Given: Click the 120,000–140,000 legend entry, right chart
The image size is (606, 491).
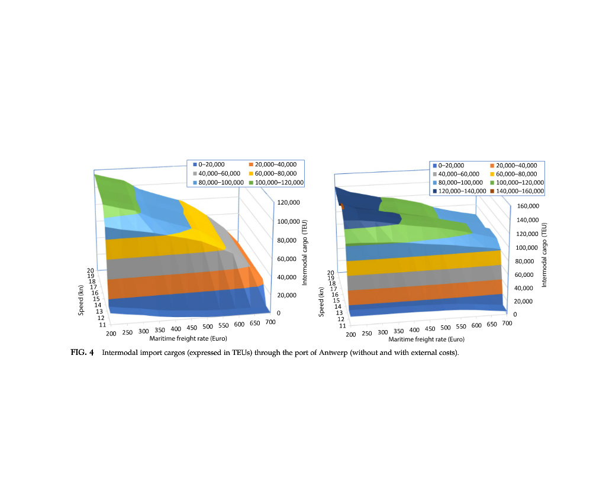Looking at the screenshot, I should coord(456,192).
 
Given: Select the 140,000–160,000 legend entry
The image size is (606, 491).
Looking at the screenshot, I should coord(515,192).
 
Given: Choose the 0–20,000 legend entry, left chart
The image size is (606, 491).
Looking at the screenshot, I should coord(209,164).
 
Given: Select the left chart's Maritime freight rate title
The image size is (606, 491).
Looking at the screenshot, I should coord(189,338).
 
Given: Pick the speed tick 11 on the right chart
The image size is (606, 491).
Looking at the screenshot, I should coord(342,325).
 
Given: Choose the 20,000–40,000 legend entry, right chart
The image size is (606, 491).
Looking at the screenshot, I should coord(514,165).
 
